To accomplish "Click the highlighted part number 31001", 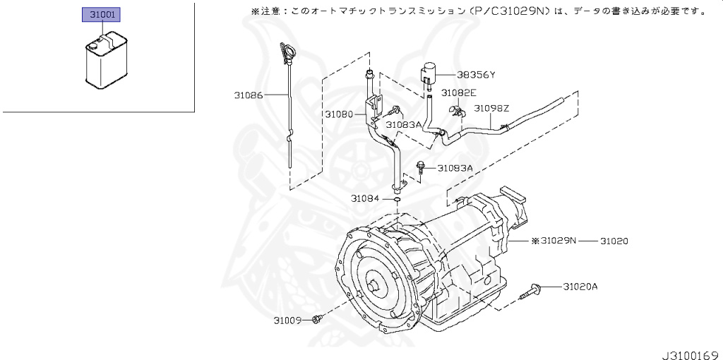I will [102, 14].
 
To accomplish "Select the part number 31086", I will [249, 94].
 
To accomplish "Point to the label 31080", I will [340, 114].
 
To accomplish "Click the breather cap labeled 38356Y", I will [429, 73].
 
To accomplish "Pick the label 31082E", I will [459, 92].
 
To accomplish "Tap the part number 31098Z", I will [491, 109].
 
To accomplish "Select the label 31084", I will [366, 198].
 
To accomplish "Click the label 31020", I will [614, 241].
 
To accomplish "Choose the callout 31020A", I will [580, 287].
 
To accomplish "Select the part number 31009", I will [289, 320].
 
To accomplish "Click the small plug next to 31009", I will [317, 320].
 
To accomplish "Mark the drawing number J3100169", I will [690, 350].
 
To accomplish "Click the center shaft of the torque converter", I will [374, 287].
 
